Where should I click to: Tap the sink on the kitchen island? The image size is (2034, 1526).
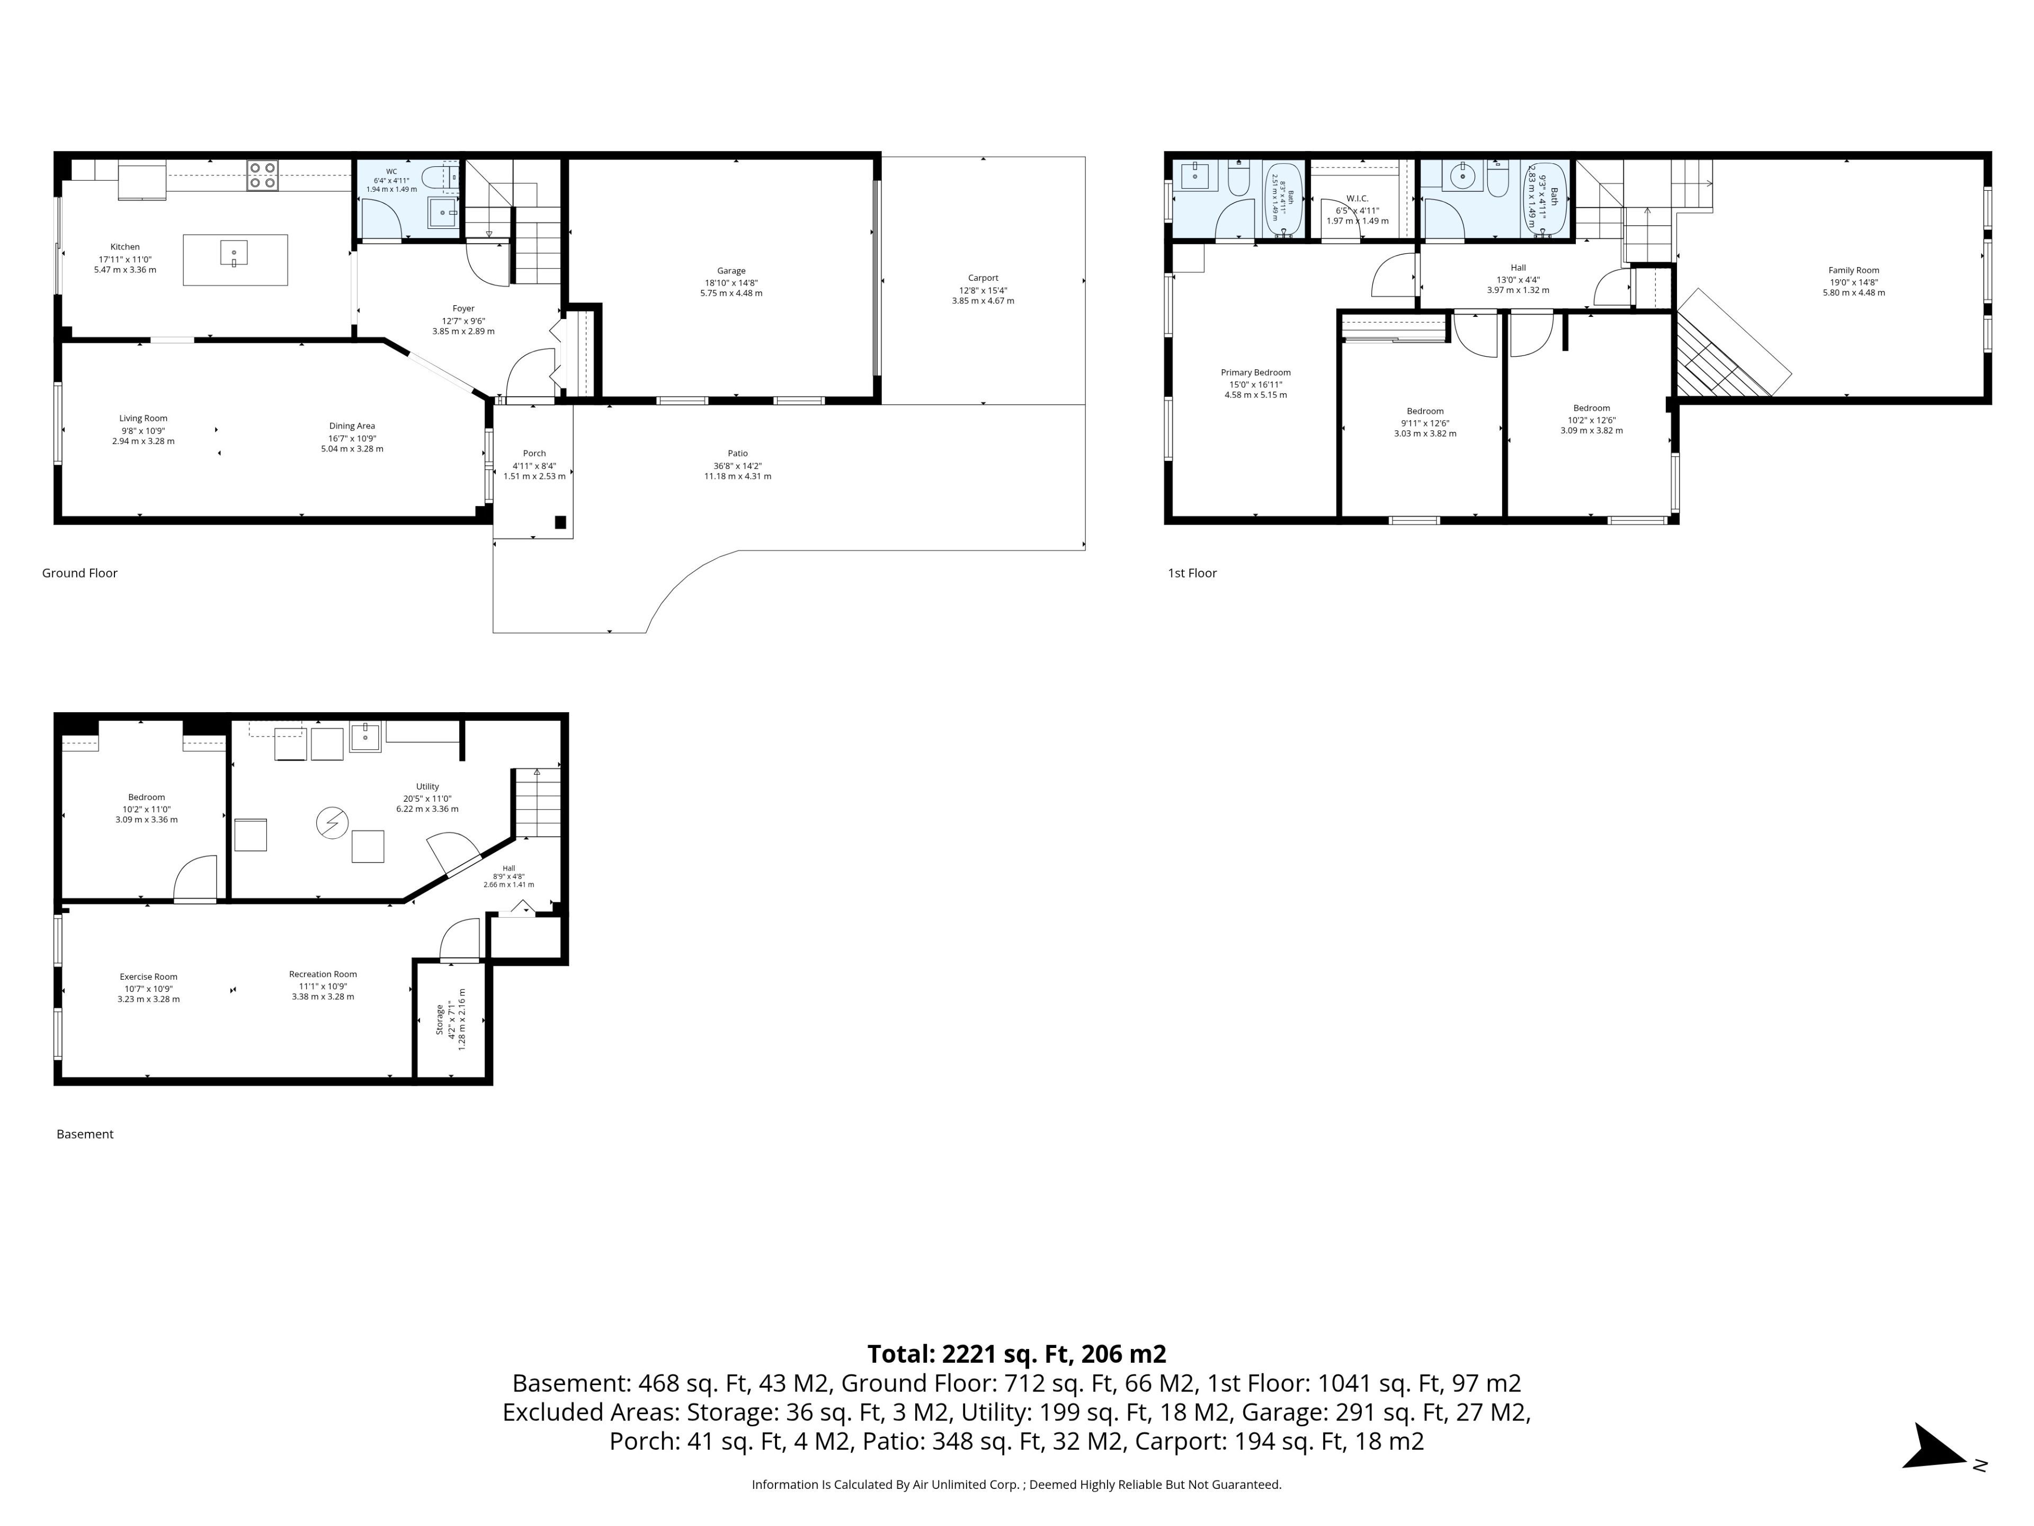(x=234, y=253)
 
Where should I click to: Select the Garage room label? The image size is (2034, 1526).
(x=731, y=270)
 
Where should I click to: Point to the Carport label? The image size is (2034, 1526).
(x=983, y=278)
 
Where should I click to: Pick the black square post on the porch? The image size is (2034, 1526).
(x=560, y=522)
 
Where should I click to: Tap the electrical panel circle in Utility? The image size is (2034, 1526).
(x=332, y=822)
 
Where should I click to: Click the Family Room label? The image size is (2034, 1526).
(x=1854, y=270)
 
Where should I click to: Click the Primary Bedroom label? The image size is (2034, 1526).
(x=1255, y=372)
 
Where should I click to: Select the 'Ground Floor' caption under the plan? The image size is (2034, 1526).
(x=80, y=573)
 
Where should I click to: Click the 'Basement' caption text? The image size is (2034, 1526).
(x=85, y=1134)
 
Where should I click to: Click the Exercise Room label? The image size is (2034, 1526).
(x=148, y=977)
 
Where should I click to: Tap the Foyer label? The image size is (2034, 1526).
(x=463, y=309)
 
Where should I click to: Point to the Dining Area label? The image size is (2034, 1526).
(x=352, y=426)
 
